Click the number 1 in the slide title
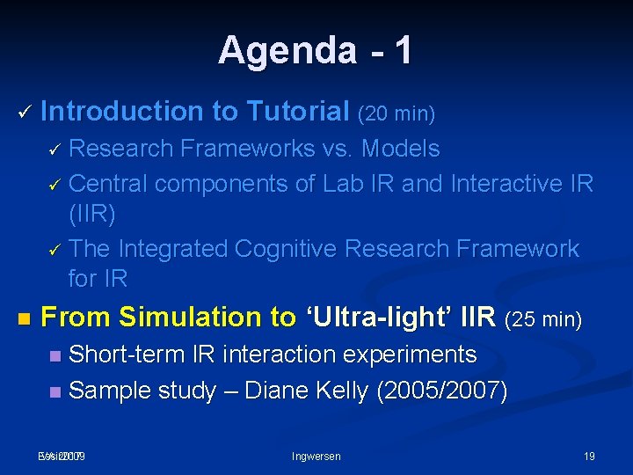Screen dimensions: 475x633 click(x=403, y=50)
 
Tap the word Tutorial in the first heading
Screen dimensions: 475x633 click(x=298, y=112)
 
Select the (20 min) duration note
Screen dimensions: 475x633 click(x=397, y=113)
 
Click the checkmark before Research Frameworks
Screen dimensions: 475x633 click(x=53, y=150)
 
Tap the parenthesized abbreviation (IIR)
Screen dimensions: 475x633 click(x=91, y=214)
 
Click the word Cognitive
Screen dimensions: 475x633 click(x=286, y=249)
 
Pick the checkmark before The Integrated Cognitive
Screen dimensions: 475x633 click(x=53, y=251)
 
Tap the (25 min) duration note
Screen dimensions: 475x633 click(x=544, y=318)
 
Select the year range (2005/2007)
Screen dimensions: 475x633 click(x=441, y=391)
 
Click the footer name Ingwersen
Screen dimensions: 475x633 click(x=316, y=456)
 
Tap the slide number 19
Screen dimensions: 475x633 click(x=589, y=456)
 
